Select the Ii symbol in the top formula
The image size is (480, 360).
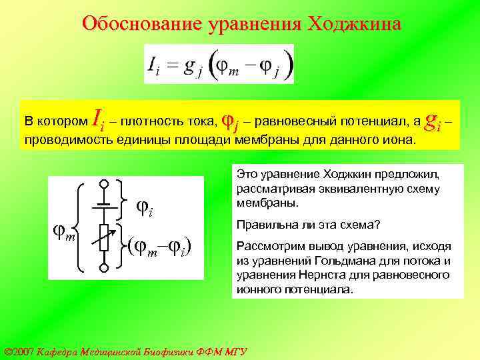tap(155, 65)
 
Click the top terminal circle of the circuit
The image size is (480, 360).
tap(103, 184)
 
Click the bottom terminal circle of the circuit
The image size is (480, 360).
tap(103, 269)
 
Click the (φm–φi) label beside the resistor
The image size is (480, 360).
tap(160, 247)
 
